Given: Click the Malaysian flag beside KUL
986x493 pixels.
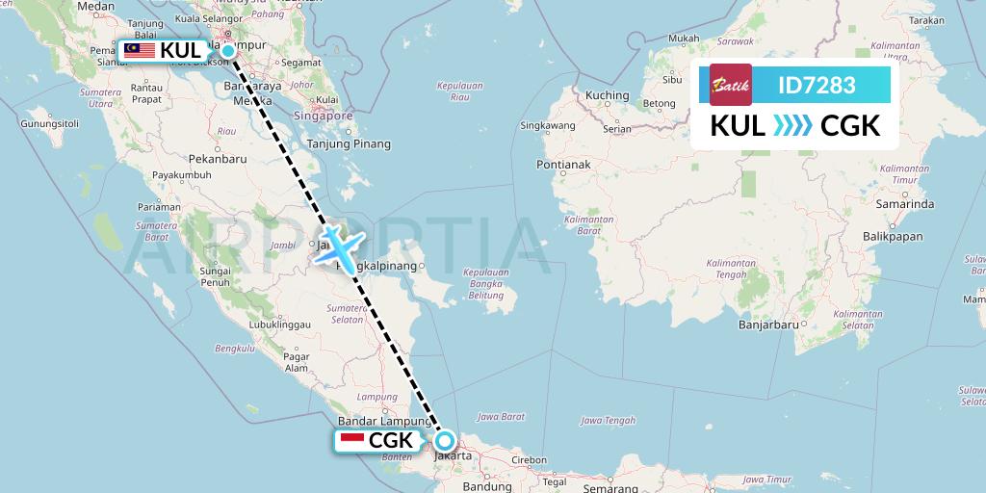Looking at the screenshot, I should click(x=140, y=50).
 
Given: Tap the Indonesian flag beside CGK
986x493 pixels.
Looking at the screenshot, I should click(x=352, y=441).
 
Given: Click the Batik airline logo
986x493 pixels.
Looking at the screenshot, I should click(x=730, y=85).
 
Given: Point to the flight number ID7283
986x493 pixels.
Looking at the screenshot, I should click(x=817, y=85).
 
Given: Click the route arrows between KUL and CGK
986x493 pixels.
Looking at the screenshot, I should click(x=792, y=126).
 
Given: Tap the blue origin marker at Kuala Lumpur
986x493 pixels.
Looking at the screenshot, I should click(x=228, y=51).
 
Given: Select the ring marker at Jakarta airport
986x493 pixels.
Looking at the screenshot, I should click(x=445, y=441).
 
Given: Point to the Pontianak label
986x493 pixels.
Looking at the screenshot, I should click(x=564, y=165).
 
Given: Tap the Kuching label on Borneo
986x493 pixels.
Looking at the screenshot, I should click(x=607, y=95).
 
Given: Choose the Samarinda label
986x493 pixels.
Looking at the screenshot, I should click(x=900, y=204).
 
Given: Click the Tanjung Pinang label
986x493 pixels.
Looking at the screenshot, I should click(x=356, y=144).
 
